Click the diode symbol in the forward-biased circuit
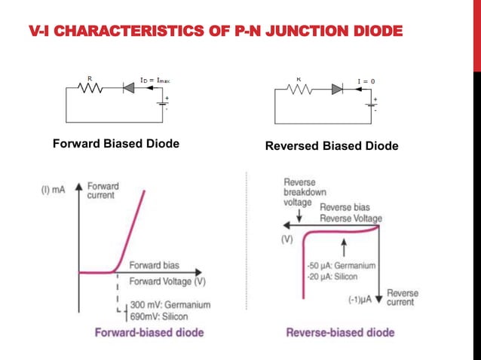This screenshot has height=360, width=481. coord(128,87)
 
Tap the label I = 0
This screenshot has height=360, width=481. coord(366,79)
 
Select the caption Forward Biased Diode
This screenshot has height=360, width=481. coord(115,144)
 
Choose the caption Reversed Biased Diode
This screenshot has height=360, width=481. coord(332,145)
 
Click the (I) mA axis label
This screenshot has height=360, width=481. coord(52,191)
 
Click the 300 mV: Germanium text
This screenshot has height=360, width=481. coord(170,305)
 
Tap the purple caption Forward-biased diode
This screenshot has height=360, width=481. coord(149,332)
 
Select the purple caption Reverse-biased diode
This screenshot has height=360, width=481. coord(340,332)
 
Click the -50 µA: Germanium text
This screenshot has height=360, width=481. coord(342,265)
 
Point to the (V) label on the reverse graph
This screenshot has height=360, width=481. coord(286,240)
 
